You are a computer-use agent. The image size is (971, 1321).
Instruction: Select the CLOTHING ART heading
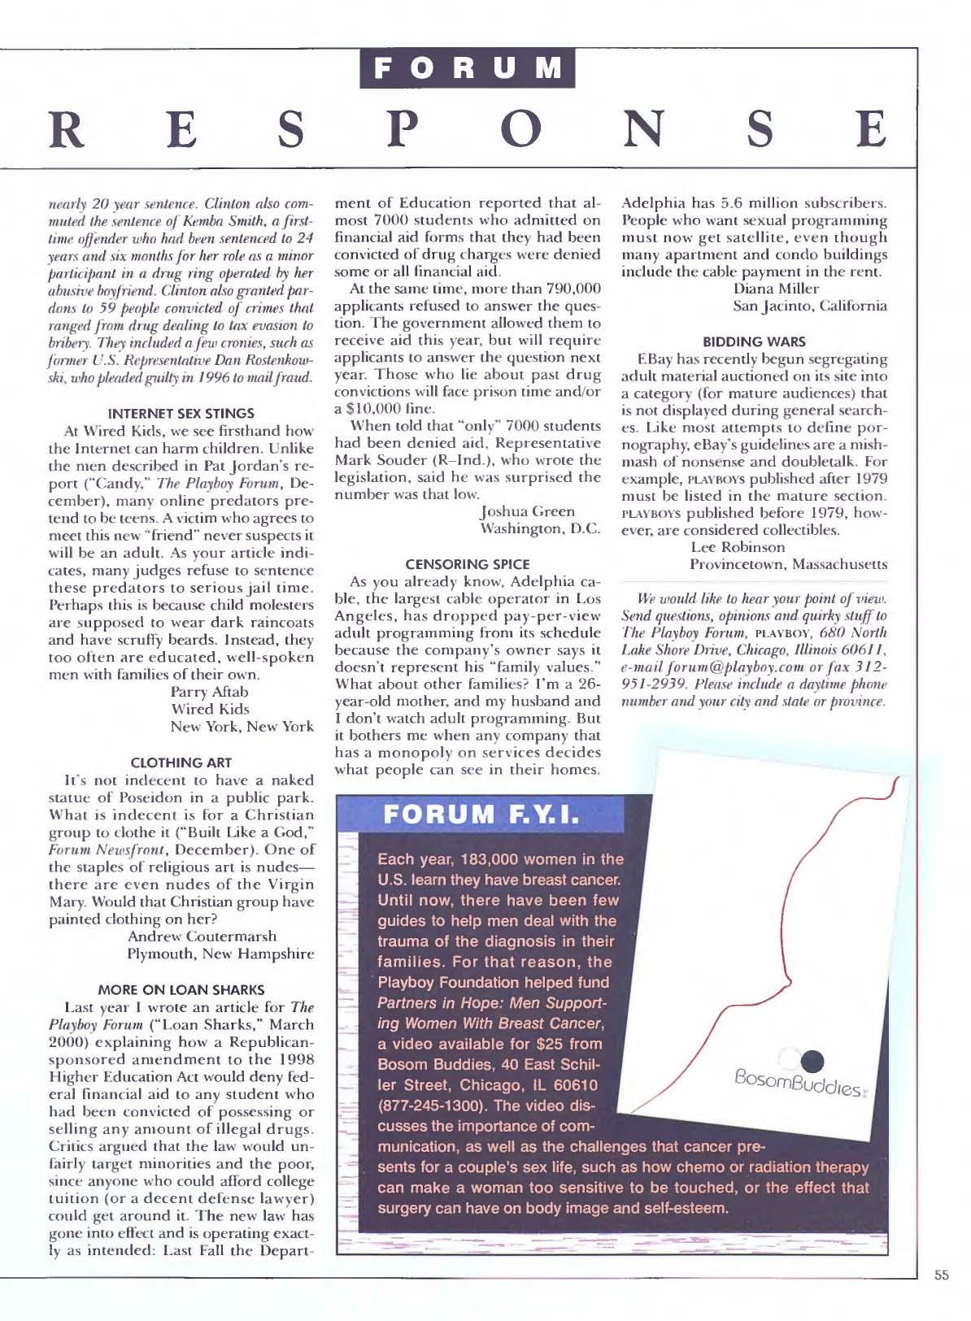(x=181, y=763)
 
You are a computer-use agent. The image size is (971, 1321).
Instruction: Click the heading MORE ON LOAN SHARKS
(x=181, y=989)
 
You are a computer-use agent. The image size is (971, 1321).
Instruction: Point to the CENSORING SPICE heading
(x=468, y=563)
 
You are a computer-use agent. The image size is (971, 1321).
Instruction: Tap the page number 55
(x=942, y=1275)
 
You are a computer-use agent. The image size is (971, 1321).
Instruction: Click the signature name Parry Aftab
(x=209, y=692)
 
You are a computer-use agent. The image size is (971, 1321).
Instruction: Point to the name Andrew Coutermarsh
(x=202, y=936)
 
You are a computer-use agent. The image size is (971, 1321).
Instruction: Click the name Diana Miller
(x=776, y=289)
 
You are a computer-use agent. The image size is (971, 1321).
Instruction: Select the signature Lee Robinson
(x=738, y=547)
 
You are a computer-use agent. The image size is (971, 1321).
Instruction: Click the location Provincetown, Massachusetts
(x=788, y=564)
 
